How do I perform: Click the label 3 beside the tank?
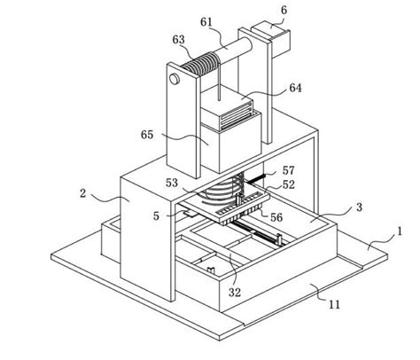click(357, 207)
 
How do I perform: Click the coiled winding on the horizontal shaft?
click(204, 64)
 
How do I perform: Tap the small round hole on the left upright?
click(175, 81)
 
